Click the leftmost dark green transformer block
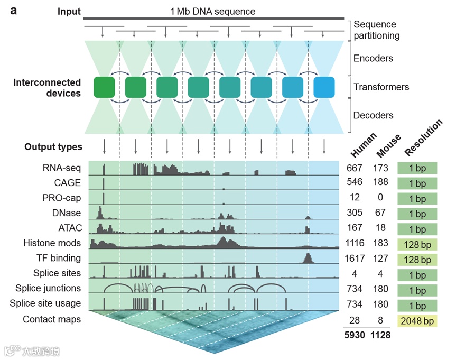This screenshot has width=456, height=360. (104, 87)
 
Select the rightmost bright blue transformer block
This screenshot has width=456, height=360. (323, 87)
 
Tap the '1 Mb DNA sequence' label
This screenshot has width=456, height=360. (212, 11)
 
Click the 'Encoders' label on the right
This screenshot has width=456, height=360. (373, 58)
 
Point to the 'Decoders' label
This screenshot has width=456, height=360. (374, 115)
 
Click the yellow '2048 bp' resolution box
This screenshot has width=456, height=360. (417, 321)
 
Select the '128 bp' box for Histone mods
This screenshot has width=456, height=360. (417, 244)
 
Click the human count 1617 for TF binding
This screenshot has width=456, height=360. (355, 259)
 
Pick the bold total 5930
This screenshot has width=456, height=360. (355, 335)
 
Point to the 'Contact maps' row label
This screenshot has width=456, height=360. (52, 319)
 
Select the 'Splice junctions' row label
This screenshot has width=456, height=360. (48, 288)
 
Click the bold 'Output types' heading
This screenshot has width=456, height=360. (53, 147)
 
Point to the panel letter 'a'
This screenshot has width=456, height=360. (14, 11)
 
